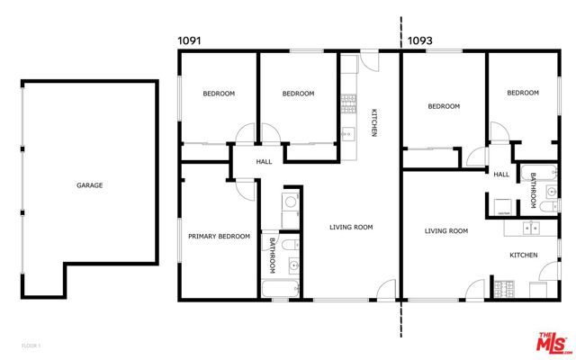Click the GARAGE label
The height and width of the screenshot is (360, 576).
pos(90,185)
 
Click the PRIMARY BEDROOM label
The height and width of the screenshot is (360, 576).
pos(219,236)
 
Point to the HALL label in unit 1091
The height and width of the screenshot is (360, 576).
pos(264,162)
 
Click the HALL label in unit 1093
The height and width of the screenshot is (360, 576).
pos(501,174)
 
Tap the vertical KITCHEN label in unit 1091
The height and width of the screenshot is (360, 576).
pos(374,122)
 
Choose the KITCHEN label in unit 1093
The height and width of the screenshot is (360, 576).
pos(524,256)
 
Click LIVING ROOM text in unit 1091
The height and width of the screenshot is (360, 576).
pos(350,227)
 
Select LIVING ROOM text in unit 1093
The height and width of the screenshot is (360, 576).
pos(446,231)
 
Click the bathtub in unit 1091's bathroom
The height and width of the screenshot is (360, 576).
pos(280,289)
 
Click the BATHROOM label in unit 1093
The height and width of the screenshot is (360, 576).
pos(533,191)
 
